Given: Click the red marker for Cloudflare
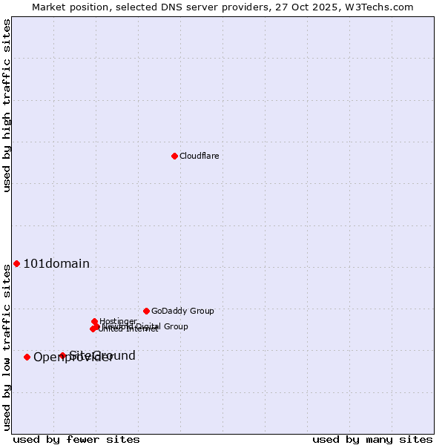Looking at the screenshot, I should [174, 156].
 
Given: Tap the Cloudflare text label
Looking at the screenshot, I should [199, 156].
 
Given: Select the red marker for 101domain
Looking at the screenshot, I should [16, 264].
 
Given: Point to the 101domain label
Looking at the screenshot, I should [56, 264].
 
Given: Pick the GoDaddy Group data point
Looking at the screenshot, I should [146, 311].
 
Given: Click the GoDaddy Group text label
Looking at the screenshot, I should [182, 311].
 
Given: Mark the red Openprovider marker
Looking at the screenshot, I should [27, 357].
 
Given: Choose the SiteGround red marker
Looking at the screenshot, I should [62, 356].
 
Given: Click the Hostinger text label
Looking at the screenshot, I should [118, 321].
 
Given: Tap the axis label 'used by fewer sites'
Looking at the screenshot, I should [76, 439].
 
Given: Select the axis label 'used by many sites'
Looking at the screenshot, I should [372, 439].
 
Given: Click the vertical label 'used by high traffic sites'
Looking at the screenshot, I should [7, 105].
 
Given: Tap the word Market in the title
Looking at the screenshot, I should [48, 7].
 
